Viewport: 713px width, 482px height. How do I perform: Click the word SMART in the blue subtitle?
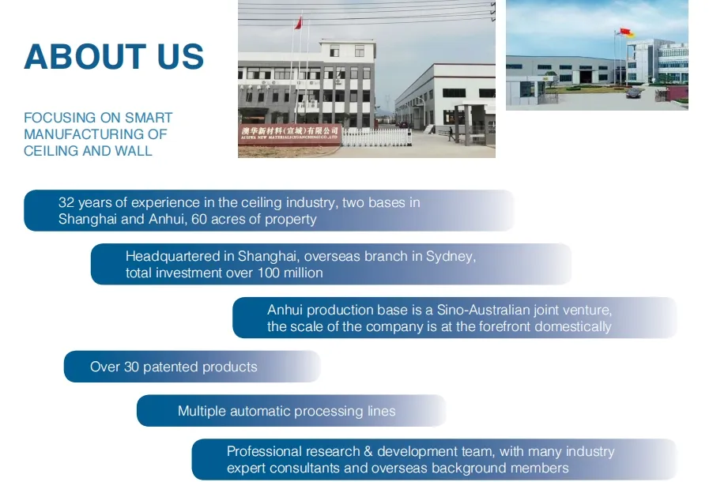[x=149, y=118]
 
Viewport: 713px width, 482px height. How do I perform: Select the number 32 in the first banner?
[x=66, y=203]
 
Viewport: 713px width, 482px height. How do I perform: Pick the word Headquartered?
[x=168, y=257]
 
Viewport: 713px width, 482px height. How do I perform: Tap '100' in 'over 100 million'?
[x=270, y=273]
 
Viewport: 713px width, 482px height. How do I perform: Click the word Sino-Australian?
[x=485, y=311]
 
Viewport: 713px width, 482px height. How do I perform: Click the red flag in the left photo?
[x=298, y=22]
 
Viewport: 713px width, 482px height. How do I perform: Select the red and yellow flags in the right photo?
[x=626, y=32]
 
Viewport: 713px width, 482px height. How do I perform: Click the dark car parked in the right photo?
[x=632, y=92]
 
